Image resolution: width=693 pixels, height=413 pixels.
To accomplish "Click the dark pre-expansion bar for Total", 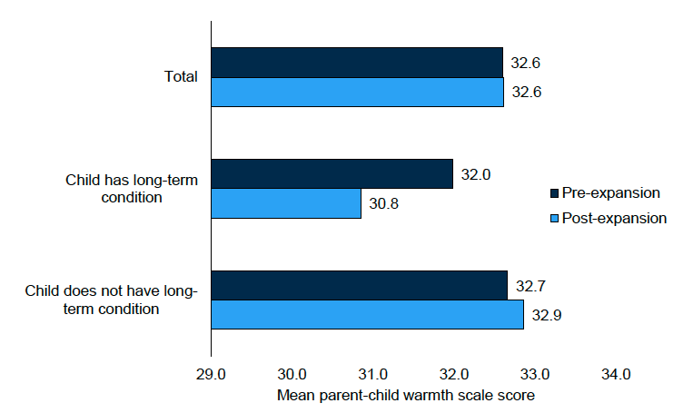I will (x=356, y=63).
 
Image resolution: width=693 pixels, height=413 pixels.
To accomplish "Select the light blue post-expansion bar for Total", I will (x=356, y=92).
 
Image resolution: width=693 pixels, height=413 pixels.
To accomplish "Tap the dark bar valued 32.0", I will (x=332, y=174).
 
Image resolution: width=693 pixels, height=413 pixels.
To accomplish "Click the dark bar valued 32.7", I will (x=359, y=285).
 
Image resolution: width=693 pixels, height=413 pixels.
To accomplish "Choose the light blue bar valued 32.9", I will (x=367, y=314).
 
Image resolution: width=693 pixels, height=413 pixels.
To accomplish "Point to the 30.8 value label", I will (x=384, y=203).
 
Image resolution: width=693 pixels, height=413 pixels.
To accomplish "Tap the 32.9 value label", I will (x=547, y=314).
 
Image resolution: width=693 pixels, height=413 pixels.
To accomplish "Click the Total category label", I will (x=181, y=77).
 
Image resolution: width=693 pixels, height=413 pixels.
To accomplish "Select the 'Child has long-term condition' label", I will (x=133, y=189).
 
